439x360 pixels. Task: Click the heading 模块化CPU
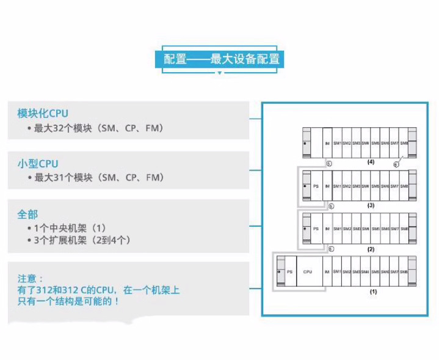click(x=43, y=113)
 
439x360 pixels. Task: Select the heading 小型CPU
click(x=38, y=163)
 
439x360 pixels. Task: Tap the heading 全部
click(x=27, y=214)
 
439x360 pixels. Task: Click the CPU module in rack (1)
click(x=308, y=271)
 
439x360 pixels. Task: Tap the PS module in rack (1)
click(x=289, y=271)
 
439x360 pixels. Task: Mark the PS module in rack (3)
click(x=315, y=185)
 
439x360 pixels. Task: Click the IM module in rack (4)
click(x=327, y=142)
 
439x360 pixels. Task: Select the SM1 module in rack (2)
click(x=336, y=229)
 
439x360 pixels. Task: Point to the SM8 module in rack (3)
click(x=404, y=185)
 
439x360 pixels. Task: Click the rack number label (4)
click(x=371, y=163)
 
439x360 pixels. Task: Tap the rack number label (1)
click(x=373, y=292)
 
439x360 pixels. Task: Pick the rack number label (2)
click(x=371, y=249)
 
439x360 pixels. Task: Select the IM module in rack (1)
click(x=327, y=271)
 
